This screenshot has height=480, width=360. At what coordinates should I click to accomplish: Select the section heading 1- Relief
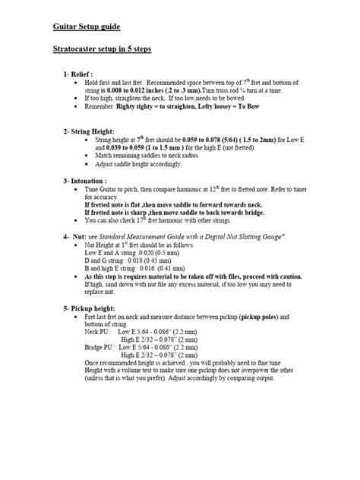tap(81, 74)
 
